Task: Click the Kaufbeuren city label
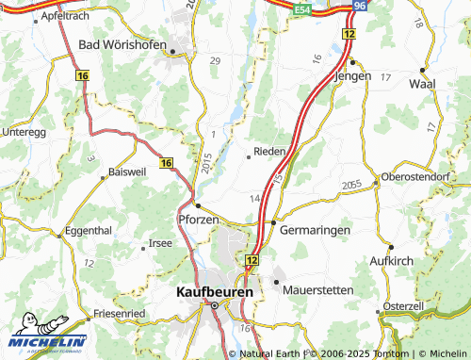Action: coord(215,292)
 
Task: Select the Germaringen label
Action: coord(315,230)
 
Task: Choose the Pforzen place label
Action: coord(198,220)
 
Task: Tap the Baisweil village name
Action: coord(128,172)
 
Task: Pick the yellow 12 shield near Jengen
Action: coord(349,33)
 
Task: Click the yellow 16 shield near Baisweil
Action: coord(167,163)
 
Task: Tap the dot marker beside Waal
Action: coord(423,70)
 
